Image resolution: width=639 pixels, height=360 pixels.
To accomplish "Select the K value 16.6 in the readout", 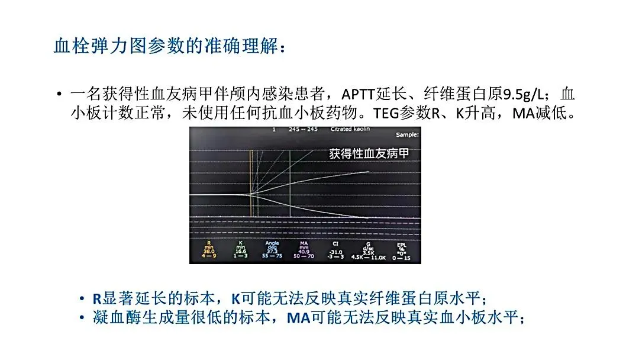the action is [x=241, y=251].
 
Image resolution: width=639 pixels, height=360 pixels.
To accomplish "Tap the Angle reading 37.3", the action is [x=273, y=251].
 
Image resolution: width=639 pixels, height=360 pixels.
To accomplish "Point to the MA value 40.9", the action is [x=304, y=251].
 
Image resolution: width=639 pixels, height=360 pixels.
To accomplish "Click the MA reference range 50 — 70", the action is [x=304, y=256].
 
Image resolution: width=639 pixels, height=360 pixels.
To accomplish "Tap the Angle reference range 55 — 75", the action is [x=273, y=256].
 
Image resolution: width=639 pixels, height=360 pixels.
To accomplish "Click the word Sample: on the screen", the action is [x=407, y=135].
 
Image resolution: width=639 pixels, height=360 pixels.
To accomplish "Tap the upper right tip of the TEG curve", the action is [x=369, y=172].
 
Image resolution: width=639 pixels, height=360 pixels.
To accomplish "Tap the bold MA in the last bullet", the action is [x=298, y=318].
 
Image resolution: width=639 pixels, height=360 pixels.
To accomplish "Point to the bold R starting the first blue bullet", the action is [x=98, y=298].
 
